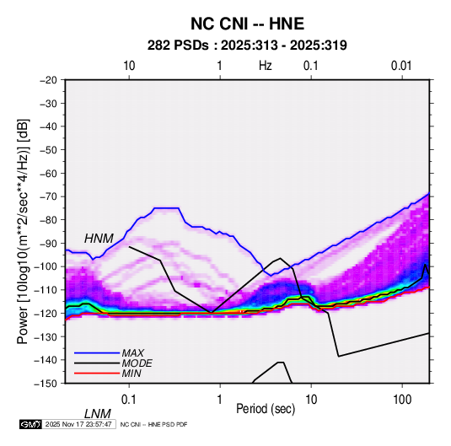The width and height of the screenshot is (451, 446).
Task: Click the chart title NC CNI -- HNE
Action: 247,24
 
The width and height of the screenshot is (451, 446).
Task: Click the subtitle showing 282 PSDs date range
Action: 247,46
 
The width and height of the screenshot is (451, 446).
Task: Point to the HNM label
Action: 99,239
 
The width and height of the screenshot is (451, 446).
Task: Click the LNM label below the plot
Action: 97,414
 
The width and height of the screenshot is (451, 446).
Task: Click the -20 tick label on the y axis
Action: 48,80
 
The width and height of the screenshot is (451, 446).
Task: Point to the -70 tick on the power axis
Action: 48,196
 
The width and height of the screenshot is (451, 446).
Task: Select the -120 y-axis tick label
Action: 46,313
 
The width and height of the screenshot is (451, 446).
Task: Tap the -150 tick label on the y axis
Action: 46,384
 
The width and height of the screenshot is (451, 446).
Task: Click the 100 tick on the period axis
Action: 402,400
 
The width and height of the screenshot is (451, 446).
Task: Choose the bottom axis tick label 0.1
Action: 129,400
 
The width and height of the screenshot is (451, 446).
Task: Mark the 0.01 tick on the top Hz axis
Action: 401,66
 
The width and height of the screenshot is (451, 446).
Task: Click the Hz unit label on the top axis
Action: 266,66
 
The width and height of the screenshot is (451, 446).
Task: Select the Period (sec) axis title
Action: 266,409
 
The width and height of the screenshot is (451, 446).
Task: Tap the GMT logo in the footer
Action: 31,424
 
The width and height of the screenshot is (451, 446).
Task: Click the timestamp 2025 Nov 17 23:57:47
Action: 78,424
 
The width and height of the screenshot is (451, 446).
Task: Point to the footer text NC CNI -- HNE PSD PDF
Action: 153,424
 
